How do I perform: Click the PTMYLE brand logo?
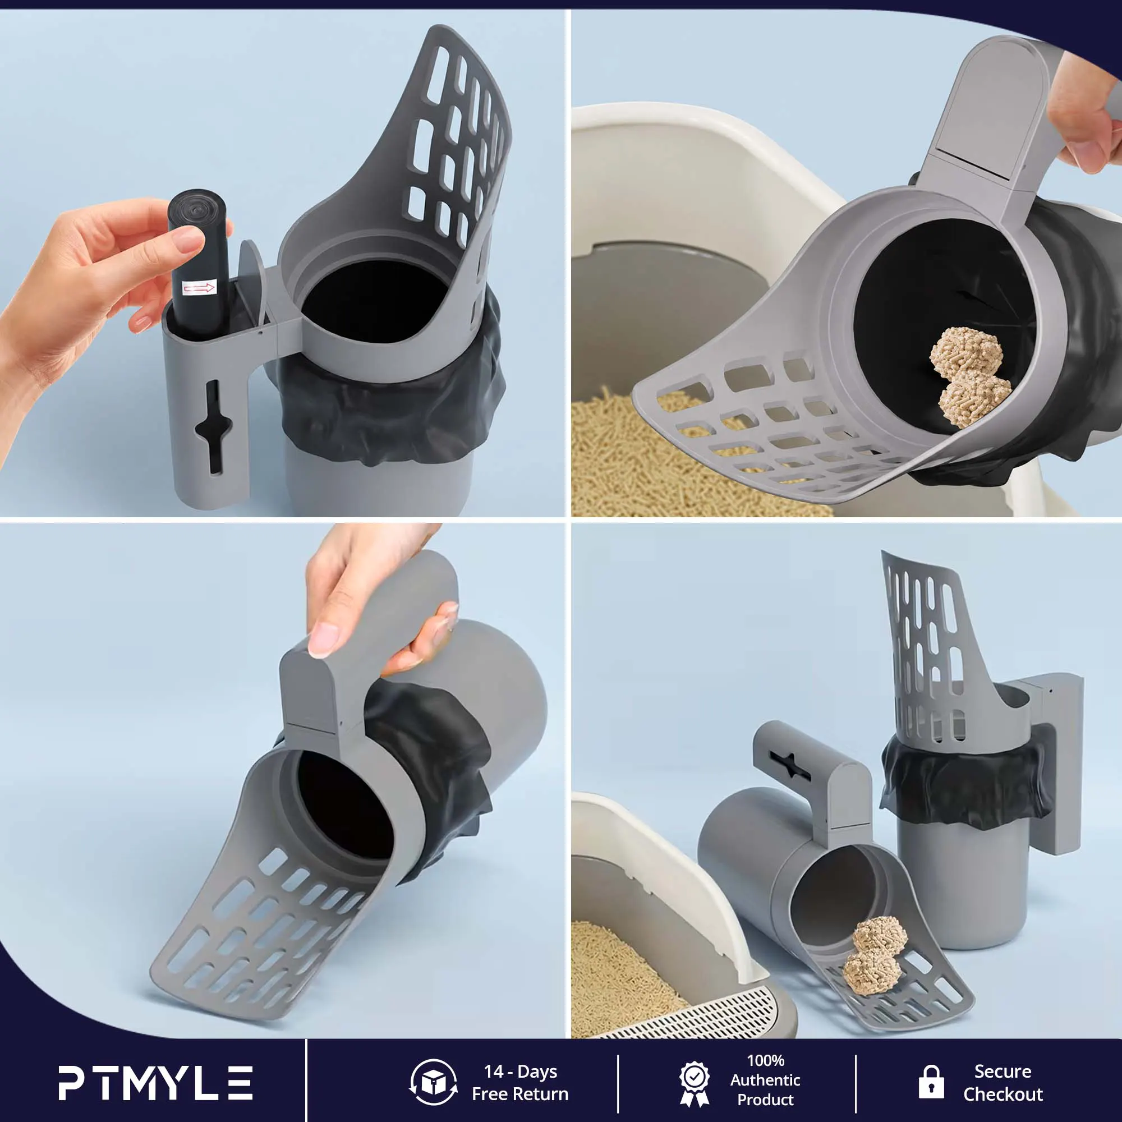[155, 1083]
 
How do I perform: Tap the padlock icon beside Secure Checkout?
[931, 1082]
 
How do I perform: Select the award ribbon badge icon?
[695, 1084]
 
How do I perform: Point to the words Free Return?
[520, 1094]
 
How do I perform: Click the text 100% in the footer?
[765, 1060]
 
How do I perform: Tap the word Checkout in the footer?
[1003, 1095]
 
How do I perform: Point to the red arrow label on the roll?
[199, 287]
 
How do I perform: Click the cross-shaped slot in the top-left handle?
[213, 427]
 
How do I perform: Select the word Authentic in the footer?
[765, 1080]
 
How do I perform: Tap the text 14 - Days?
[521, 1072]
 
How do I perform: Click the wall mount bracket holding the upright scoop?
[1051, 761]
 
